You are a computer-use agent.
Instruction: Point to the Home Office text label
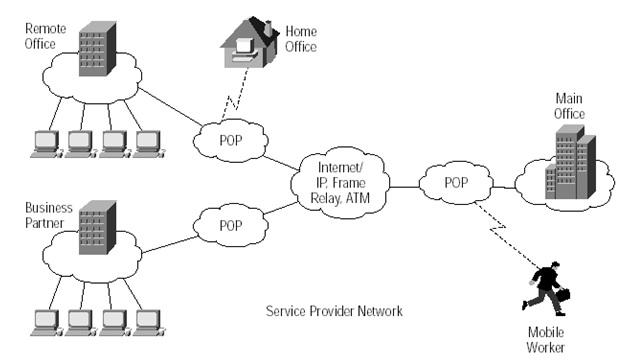coord(301,38)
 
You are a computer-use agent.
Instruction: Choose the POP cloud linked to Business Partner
coord(231,225)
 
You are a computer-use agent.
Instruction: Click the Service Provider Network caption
coord(334,311)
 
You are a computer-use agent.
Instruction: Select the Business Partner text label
coord(46,215)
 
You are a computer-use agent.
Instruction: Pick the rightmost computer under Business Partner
coord(149,320)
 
